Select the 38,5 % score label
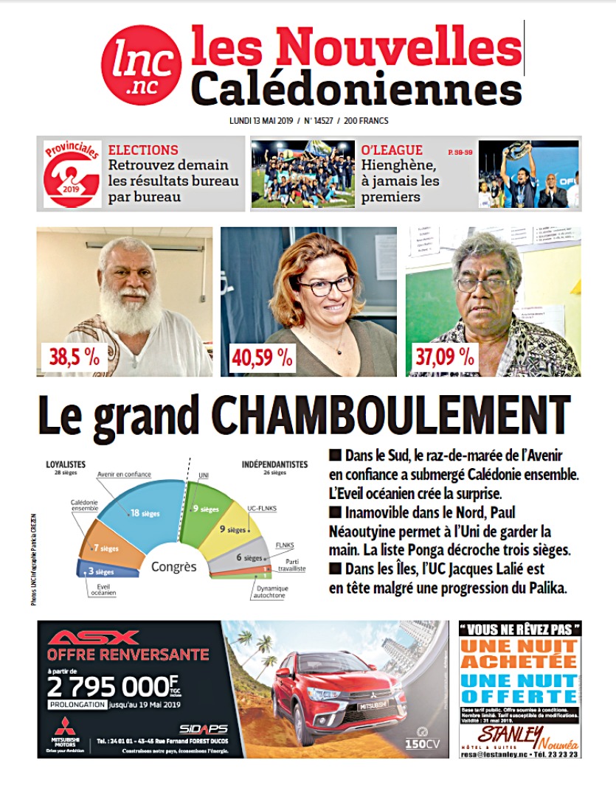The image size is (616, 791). point(73,357)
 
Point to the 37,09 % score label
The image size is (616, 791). point(445,357)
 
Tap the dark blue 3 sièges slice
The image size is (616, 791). point(97,571)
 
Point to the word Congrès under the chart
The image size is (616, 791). point(174,566)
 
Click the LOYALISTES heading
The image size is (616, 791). point(66,464)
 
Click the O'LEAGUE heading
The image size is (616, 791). point(392,150)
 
